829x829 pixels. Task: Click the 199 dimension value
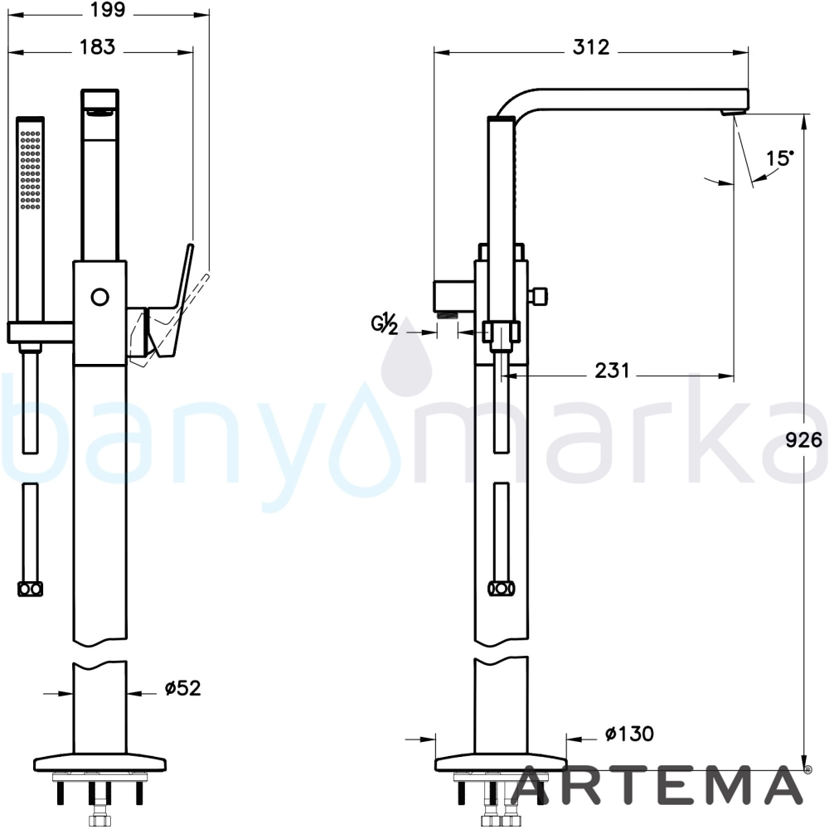click(x=108, y=10)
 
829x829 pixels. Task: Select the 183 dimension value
click(x=97, y=47)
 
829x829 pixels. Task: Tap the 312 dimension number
click(x=591, y=47)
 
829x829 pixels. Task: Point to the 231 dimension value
click(x=613, y=371)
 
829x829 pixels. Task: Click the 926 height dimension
click(x=804, y=440)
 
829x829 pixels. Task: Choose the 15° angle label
click(x=780, y=158)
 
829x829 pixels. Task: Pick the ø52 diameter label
click(x=183, y=688)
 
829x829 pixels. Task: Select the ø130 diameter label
click(x=629, y=734)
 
